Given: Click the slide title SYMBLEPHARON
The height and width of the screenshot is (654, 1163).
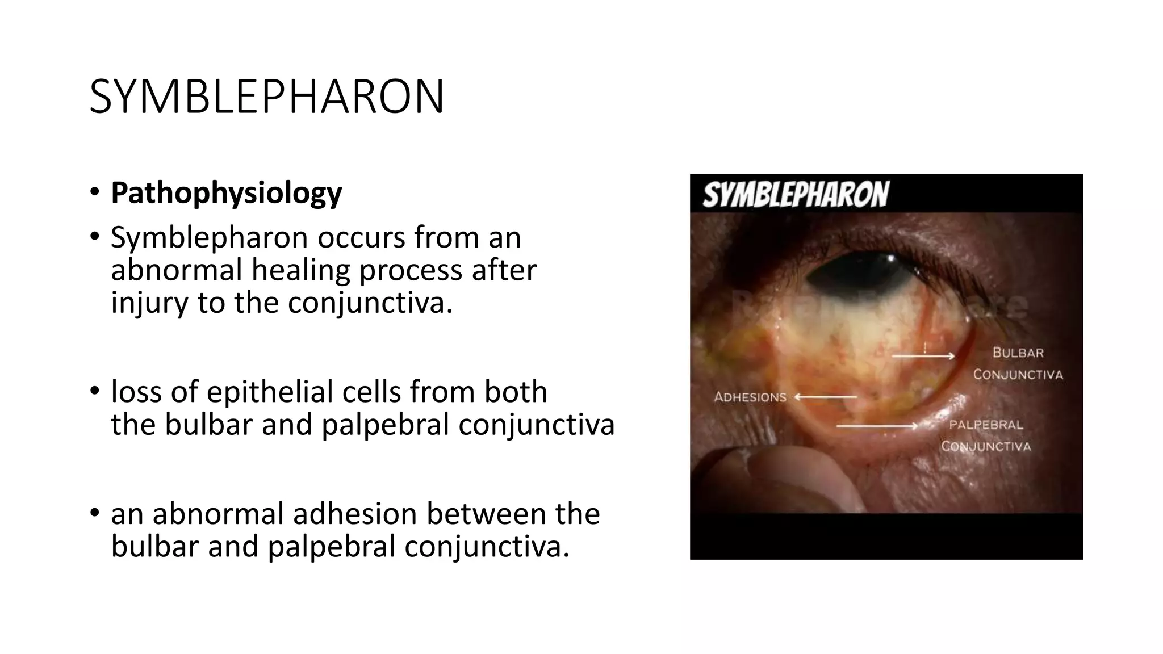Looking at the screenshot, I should pos(267,97).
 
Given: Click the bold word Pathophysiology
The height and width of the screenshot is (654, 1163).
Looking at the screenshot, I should pos(226,193).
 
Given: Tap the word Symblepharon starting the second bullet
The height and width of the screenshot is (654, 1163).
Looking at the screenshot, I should pos(210,237).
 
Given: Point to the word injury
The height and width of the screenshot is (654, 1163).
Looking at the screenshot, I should pos(149,302).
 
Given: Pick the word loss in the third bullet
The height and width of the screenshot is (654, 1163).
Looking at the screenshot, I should pos(136,392).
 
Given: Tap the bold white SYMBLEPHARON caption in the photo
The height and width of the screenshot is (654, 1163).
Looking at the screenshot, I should pos(796,195).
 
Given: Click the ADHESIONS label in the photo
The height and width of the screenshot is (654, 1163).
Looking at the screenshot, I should pos(750,397).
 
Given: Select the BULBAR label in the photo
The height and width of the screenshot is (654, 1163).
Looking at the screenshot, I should pos(1018,353).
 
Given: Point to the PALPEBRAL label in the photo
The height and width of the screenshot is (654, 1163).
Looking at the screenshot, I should pos(986,425).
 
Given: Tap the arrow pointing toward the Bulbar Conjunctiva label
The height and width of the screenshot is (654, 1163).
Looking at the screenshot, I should pos(923,357).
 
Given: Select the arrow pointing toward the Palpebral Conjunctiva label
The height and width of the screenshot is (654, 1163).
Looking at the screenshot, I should pos(877,425).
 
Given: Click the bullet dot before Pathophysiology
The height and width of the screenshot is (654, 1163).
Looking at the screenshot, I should pos(94,192).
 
